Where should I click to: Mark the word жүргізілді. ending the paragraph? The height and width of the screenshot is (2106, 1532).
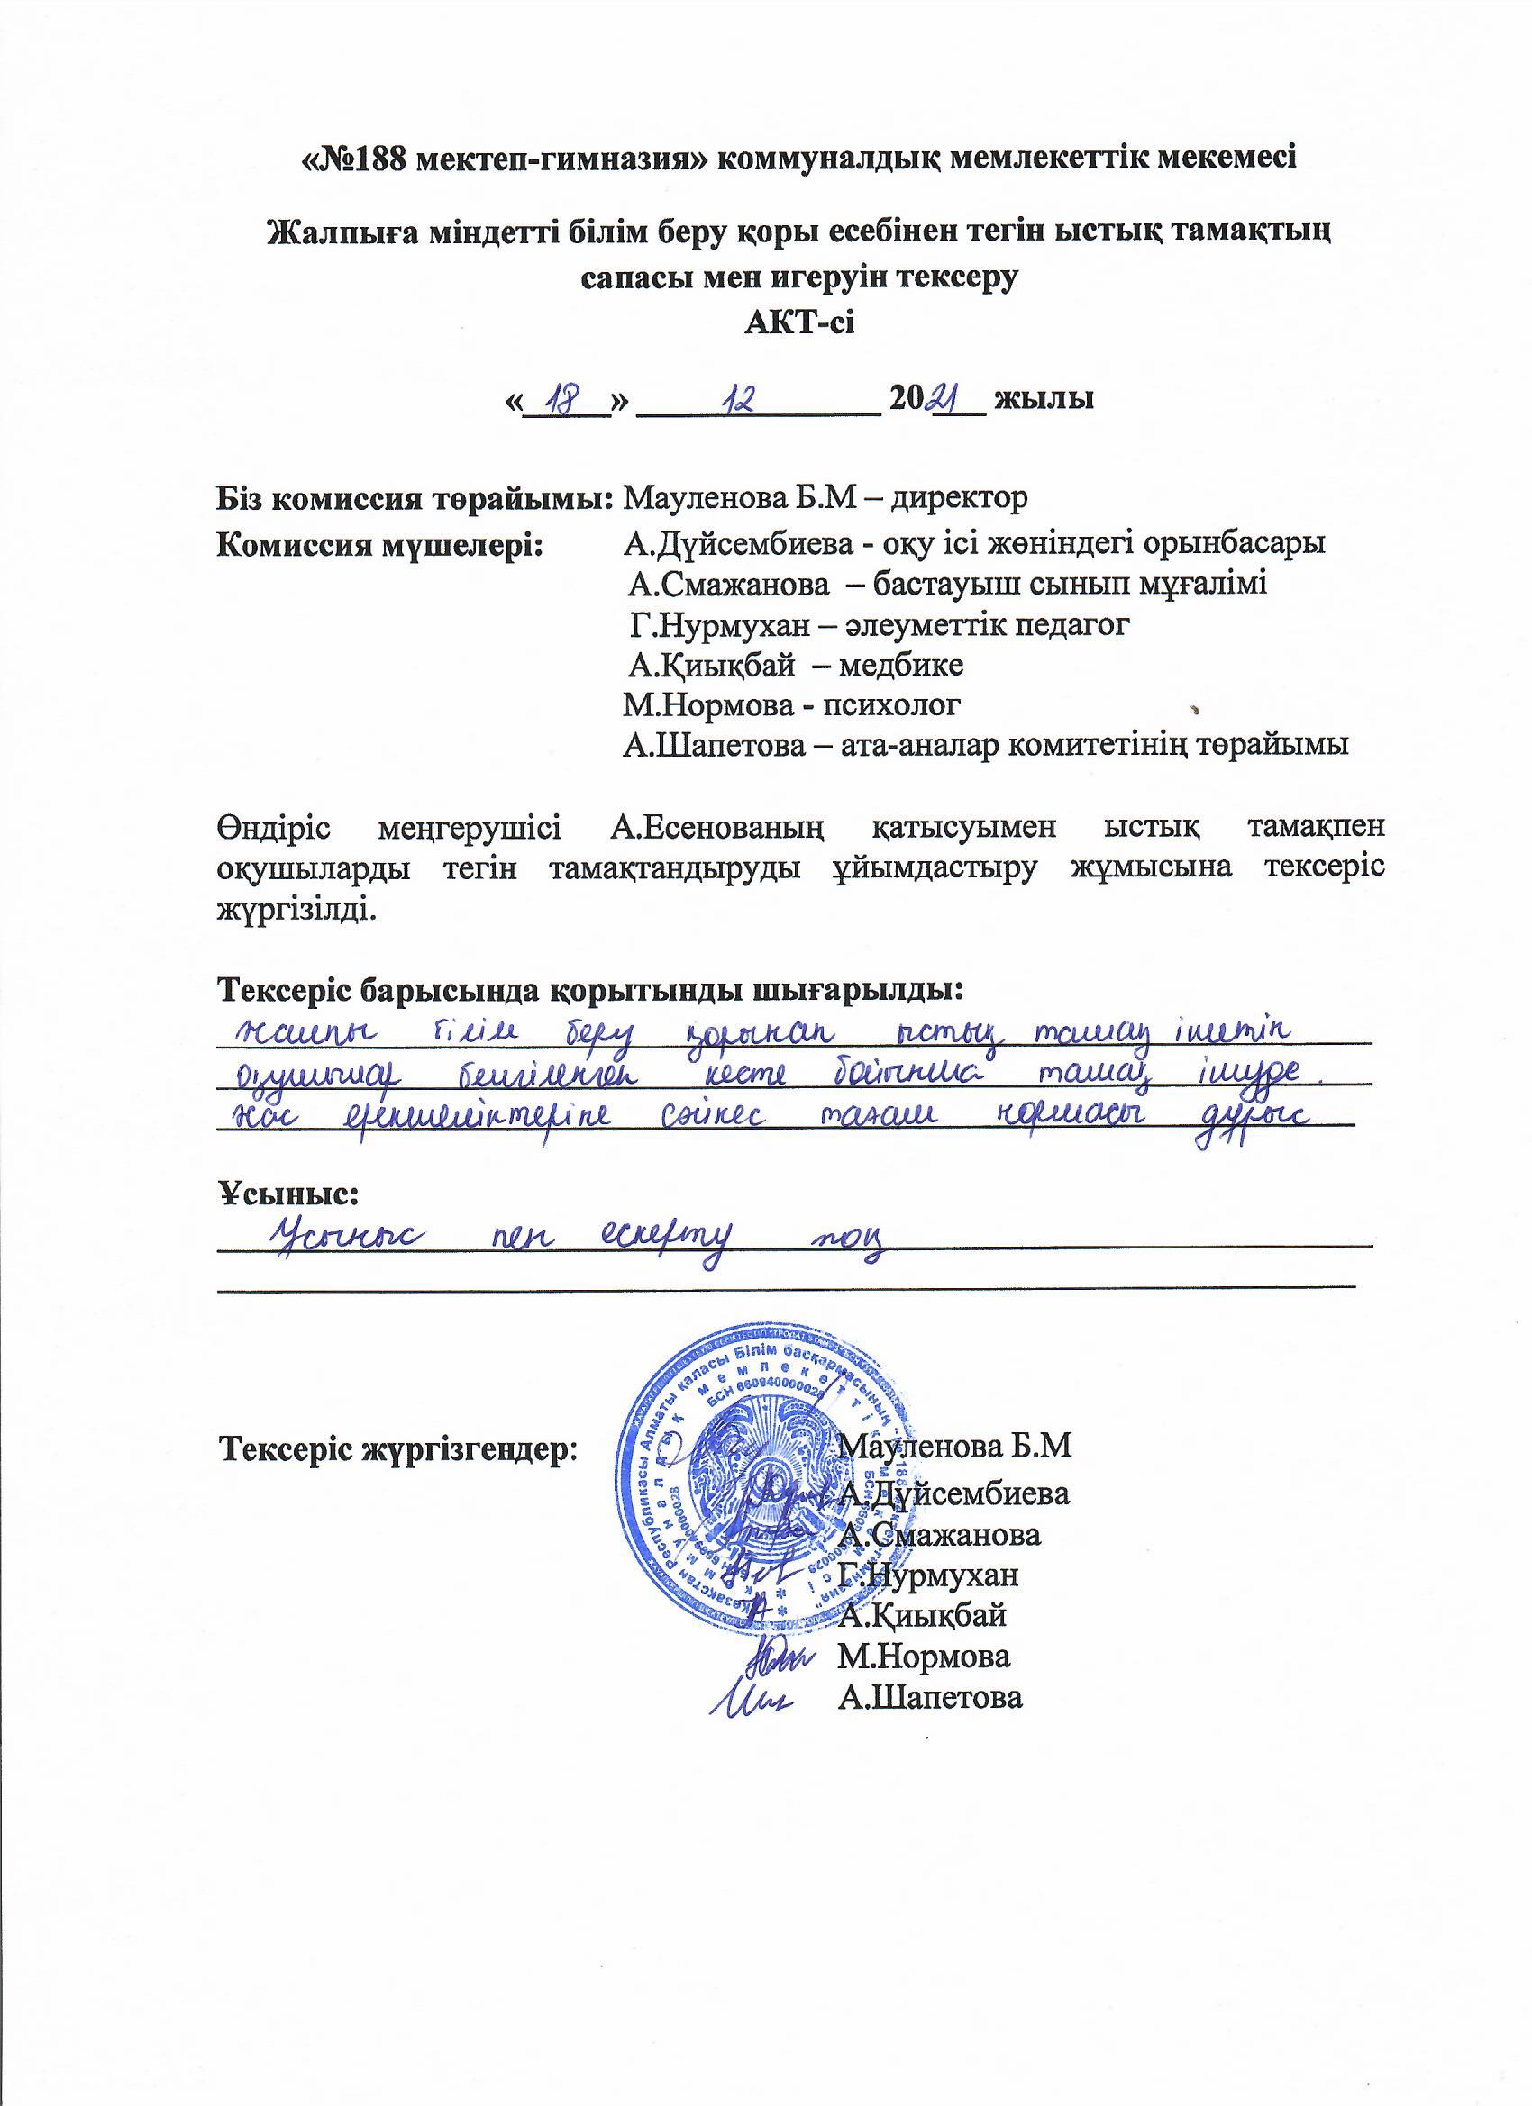296,907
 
